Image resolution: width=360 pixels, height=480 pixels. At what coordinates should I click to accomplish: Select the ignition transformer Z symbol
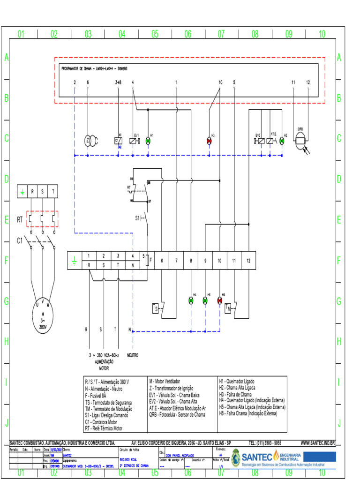(89, 141)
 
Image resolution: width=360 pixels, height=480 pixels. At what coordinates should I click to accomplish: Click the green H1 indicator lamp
(148, 141)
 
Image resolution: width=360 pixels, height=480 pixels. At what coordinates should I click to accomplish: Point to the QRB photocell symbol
(300, 140)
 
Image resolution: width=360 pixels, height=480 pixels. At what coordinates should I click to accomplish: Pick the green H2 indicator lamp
(282, 141)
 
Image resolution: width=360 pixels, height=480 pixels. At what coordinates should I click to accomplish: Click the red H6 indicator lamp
(219, 300)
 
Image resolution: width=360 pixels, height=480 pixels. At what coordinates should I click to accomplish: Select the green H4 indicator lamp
(191, 300)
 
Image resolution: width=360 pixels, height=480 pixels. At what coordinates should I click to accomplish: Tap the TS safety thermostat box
(156, 308)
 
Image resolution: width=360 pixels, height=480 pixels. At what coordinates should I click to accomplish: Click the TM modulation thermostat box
(228, 308)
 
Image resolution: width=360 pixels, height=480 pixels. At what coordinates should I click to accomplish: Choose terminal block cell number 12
(248, 260)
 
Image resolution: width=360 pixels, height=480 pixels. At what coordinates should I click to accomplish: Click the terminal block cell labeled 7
(176, 260)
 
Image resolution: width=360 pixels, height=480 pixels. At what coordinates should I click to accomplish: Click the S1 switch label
(138, 218)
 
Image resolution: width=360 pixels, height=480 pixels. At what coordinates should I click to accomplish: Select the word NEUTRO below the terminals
(133, 355)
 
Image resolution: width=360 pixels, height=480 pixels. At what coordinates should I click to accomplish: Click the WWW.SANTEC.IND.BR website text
(317, 442)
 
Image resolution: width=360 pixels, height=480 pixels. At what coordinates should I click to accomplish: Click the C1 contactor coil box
(118, 141)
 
